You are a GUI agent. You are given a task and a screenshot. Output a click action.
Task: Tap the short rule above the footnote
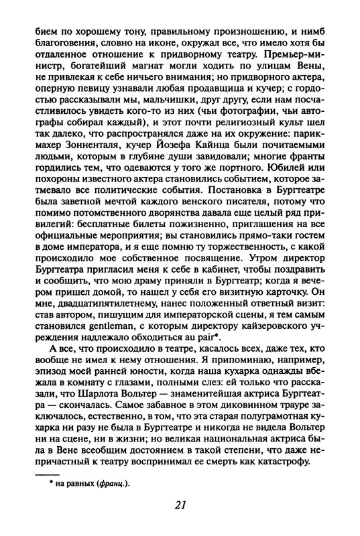(x=40, y=476)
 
